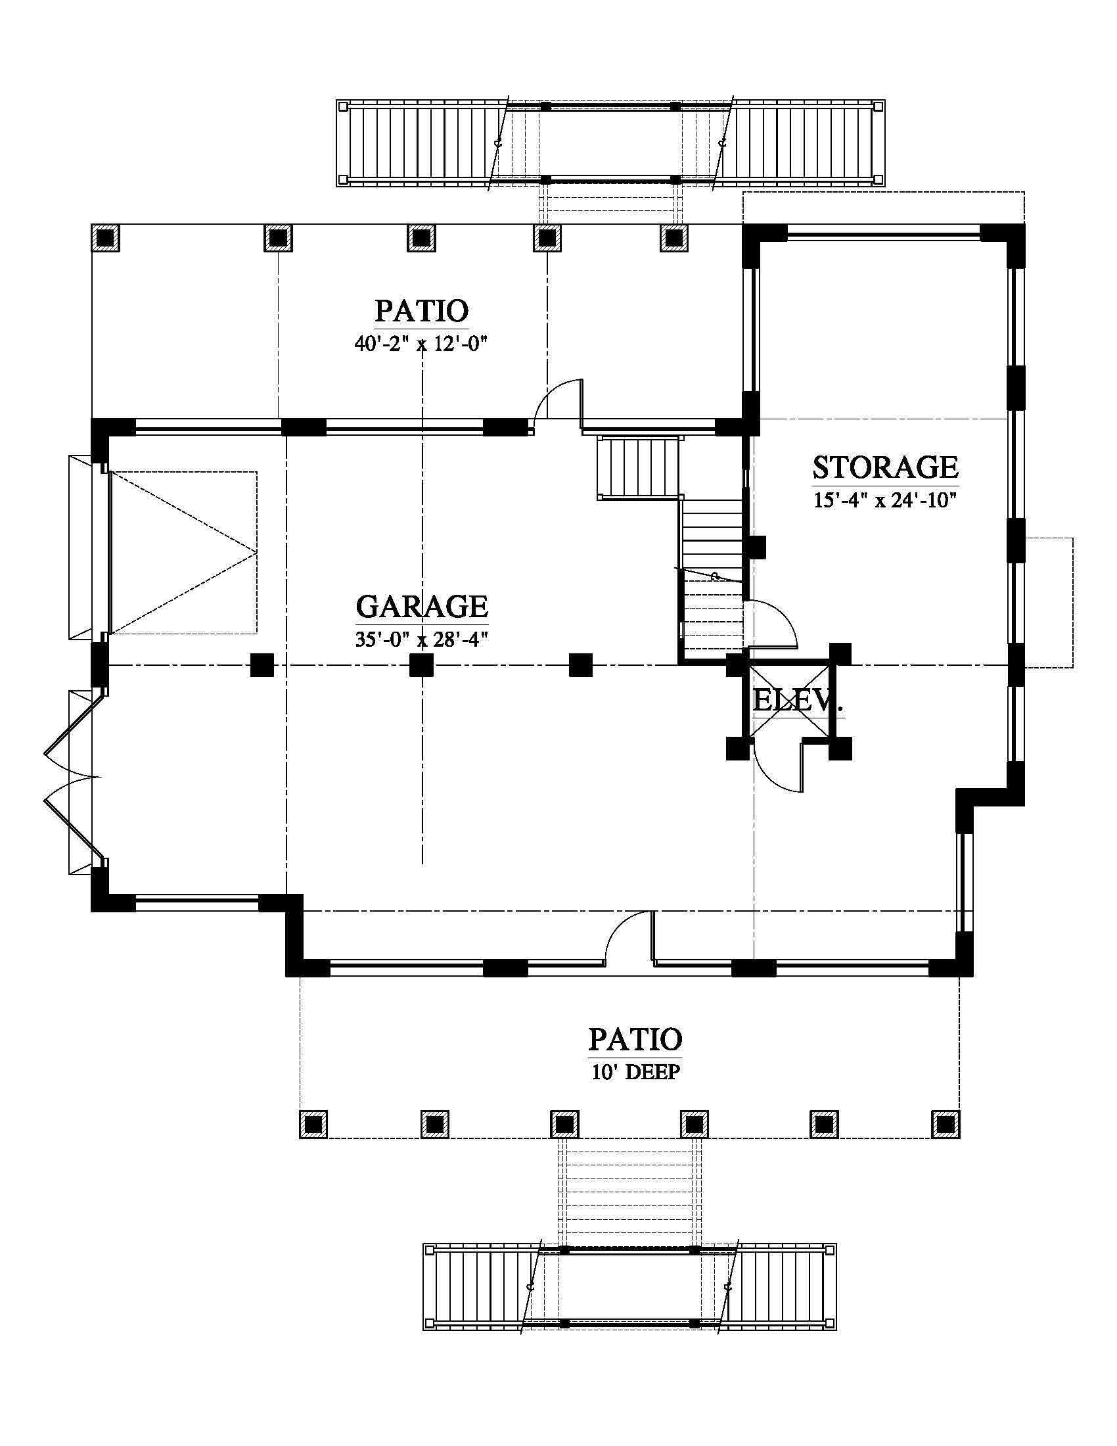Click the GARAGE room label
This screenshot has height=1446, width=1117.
(422, 607)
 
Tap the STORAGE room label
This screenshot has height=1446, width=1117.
(886, 467)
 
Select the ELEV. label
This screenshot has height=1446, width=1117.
(798, 701)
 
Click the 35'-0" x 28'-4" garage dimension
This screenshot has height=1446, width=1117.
(422, 639)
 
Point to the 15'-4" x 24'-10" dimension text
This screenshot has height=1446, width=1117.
(886, 500)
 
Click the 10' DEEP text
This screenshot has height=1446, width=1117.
(636, 1072)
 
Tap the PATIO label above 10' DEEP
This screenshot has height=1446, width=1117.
(636, 1040)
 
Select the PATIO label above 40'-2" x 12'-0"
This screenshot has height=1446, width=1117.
(422, 311)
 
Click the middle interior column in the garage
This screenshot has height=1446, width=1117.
(422, 664)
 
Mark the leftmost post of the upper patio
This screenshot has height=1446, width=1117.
(105, 238)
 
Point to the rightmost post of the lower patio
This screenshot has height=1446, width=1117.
(946, 1124)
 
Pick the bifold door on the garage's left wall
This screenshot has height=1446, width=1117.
(70, 776)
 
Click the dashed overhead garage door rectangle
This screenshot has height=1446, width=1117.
(183, 552)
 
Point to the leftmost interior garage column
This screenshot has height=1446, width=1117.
(262, 664)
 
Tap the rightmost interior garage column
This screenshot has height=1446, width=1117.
(580, 664)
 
